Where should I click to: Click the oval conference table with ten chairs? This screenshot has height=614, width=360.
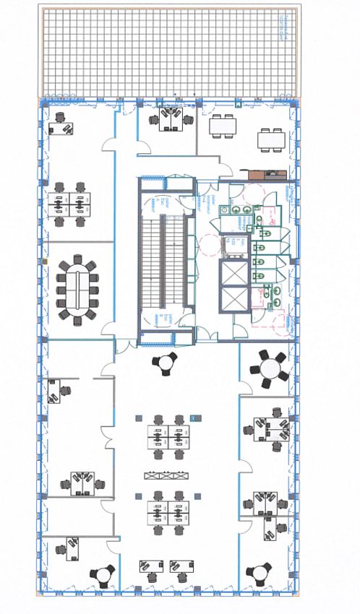[80, 286]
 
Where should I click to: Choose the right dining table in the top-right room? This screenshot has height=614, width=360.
[272, 137]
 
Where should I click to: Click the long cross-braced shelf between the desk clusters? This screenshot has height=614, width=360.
[167, 475]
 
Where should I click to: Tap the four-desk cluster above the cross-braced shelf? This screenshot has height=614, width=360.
[168, 437]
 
